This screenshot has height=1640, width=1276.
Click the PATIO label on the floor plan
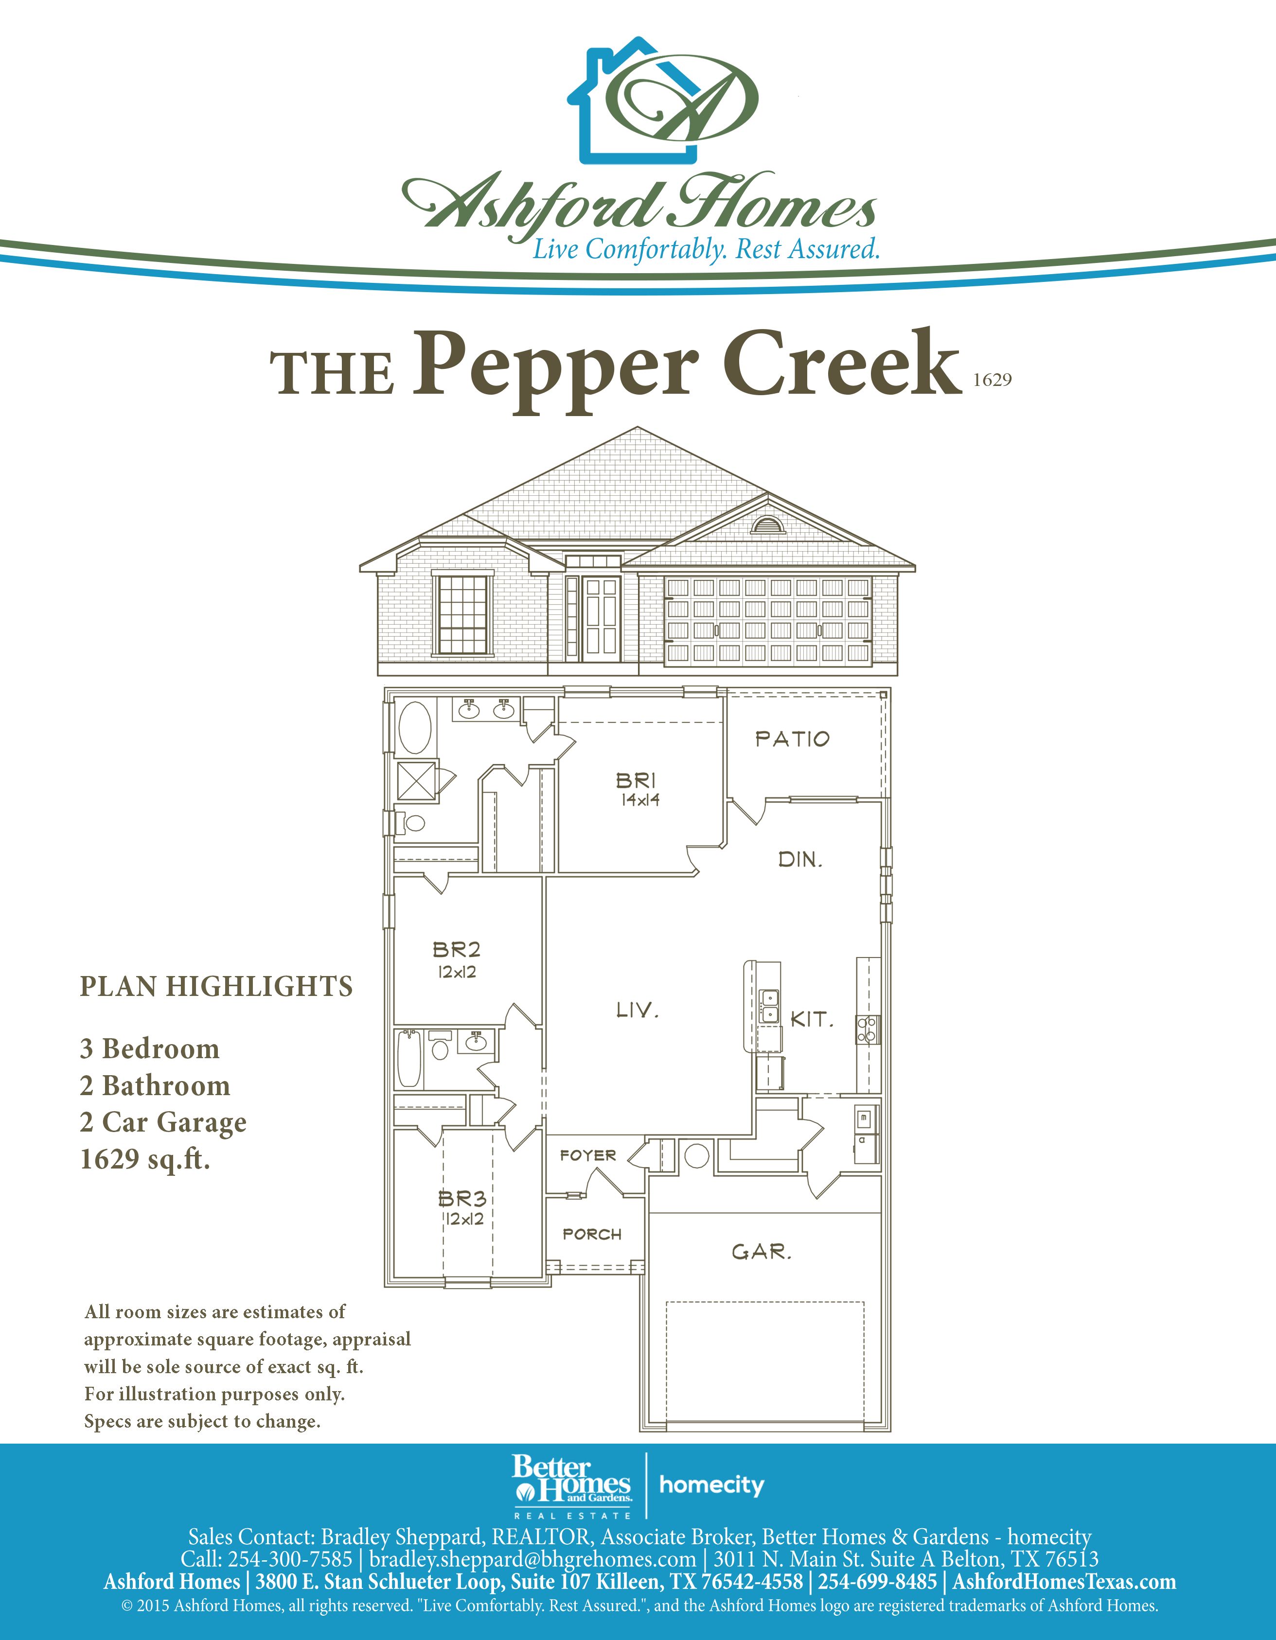click(x=792, y=739)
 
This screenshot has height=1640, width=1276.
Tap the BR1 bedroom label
click(x=636, y=781)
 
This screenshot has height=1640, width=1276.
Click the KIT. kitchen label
click(x=812, y=1019)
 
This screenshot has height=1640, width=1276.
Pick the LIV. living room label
click(x=638, y=1010)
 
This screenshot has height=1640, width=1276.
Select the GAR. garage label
click(x=762, y=1252)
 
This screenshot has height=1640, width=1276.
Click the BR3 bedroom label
click(x=462, y=1197)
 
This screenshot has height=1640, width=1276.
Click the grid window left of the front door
click(x=462, y=613)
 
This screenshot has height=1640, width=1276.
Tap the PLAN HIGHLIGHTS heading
click(x=216, y=986)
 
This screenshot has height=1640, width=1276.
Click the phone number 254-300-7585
click(x=290, y=1558)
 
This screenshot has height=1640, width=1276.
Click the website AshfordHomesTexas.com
click(x=1064, y=1582)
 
